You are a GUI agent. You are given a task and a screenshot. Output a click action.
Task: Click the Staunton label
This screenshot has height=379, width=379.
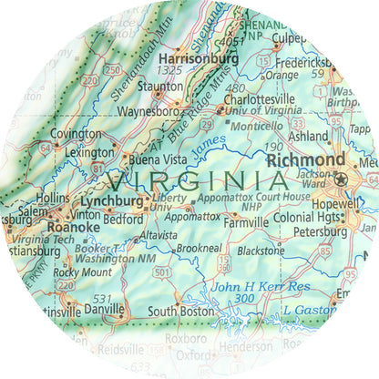(x=160, y=87)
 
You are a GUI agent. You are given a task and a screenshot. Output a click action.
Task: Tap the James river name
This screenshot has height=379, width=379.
(x=210, y=142)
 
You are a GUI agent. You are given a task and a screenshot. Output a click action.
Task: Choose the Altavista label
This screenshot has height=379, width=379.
(x=156, y=235)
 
